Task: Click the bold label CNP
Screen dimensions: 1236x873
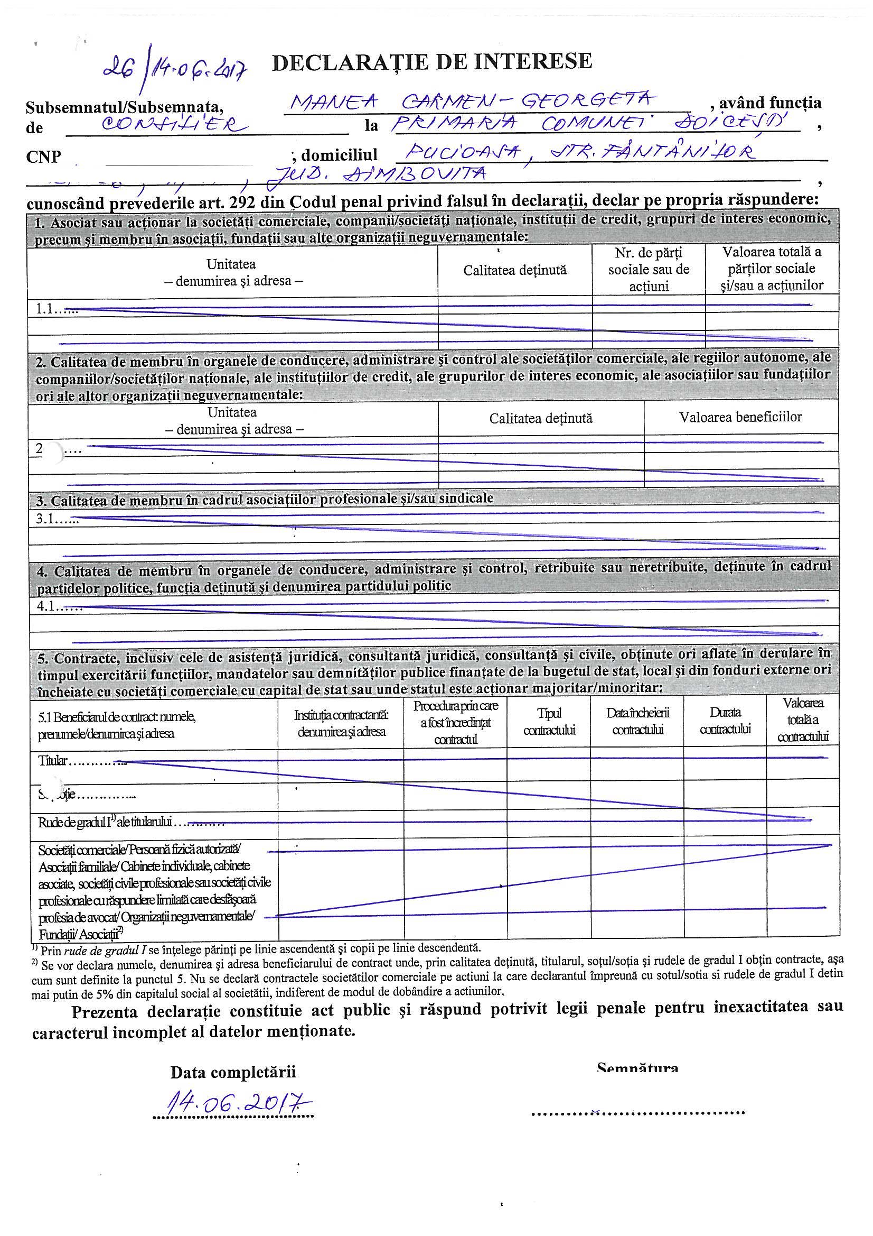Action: pyautogui.click(x=43, y=156)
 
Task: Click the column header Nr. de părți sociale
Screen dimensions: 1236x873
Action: pyautogui.click(x=648, y=269)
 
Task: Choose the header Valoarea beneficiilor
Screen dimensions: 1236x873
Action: pyautogui.click(x=740, y=417)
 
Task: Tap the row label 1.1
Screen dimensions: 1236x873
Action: pyautogui.click(x=48, y=310)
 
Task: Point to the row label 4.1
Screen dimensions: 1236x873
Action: pyautogui.click(x=50, y=607)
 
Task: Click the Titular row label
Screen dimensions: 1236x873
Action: pyautogui.click(x=53, y=761)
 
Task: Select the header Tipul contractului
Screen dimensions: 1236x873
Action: pyautogui.click(x=549, y=722)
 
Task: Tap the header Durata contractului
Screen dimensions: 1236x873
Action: pyautogui.click(x=725, y=722)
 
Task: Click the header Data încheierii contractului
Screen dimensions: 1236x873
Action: pyautogui.click(x=637, y=722)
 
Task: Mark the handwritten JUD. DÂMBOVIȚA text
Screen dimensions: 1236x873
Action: pyautogui.click(x=382, y=175)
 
